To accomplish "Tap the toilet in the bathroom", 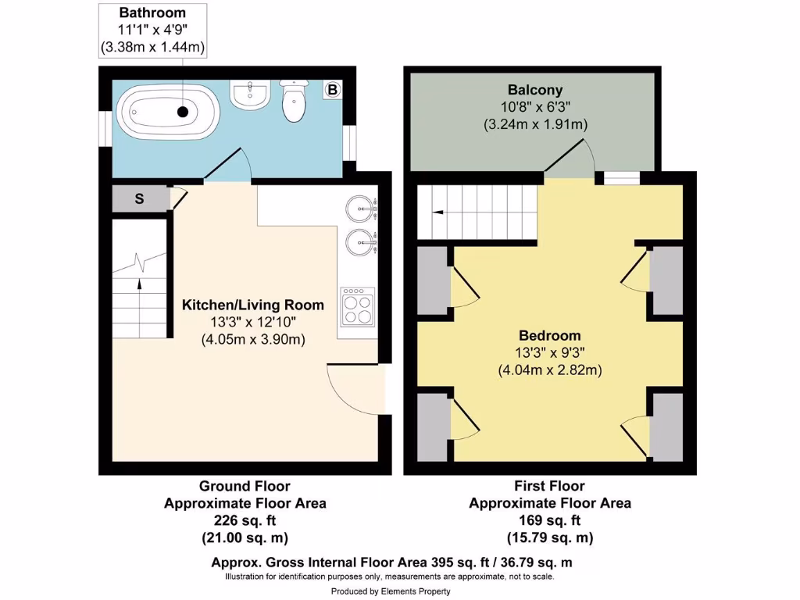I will pos(295,102).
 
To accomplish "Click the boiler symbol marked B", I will pos(333,91).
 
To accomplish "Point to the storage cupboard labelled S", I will pos(139,198).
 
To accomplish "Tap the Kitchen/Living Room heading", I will pos(252,305).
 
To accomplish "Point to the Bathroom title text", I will pos(152,12).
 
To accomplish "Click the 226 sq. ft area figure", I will pos(245,520).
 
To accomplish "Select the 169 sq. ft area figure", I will pos(549,520).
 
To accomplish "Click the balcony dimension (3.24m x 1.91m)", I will pos(535,124).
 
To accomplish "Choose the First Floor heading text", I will pos(549,486).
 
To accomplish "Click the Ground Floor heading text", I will pos(245,486).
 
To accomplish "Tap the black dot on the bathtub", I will pos(183,112).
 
